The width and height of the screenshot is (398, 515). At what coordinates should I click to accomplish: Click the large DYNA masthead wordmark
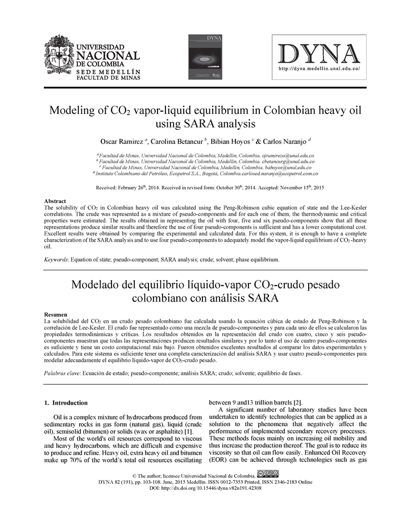pos(319,55)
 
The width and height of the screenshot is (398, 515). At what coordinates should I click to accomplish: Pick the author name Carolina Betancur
pos(176,141)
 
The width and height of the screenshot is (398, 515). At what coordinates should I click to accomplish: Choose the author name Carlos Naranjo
pos(285,141)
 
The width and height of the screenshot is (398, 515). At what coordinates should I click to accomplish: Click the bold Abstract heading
pos(56,201)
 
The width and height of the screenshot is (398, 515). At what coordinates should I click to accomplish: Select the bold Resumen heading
pos(57,314)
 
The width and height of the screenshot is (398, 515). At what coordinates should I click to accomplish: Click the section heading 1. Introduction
pos(66,403)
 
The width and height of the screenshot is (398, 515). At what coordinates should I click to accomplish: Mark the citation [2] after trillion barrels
pos(297,403)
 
